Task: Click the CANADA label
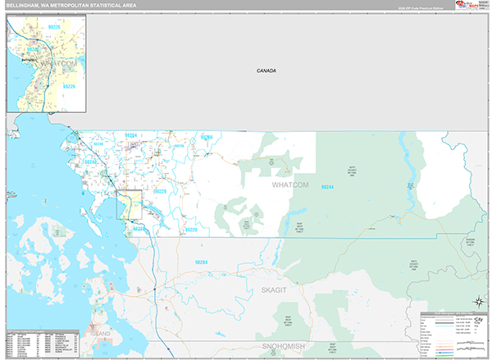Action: click(265, 71)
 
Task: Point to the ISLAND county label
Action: click(101, 335)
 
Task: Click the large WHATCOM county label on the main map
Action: click(289, 185)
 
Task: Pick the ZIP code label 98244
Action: click(327, 187)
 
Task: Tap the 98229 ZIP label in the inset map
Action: click(68, 86)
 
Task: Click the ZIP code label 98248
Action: click(89, 162)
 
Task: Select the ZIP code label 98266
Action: click(207, 137)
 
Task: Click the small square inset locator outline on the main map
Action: click(130, 205)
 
